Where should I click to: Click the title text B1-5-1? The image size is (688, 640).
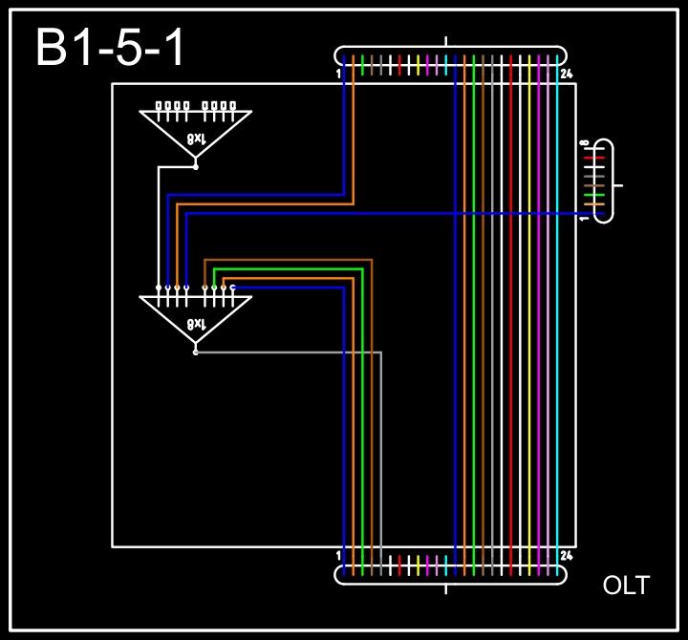(x=110, y=48)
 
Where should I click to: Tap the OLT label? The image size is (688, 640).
(x=626, y=586)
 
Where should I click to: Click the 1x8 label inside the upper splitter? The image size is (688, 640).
(x=195, y=139)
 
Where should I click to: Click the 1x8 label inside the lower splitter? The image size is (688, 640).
(x=195, y=324)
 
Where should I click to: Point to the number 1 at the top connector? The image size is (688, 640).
(x=339, y=74)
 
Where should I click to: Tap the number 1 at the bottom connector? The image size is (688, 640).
(x=339, y=555)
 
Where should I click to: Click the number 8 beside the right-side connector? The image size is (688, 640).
(x=583, y=144)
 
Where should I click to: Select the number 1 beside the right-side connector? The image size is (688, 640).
(x=583, y=219)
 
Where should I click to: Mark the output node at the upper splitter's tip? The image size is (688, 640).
(x=196, y=167)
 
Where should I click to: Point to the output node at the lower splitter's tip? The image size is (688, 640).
(x=196, y=352)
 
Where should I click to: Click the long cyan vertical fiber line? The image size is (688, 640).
(x=558, y=315)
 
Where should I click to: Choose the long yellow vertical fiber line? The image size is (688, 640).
(x=530, y=315)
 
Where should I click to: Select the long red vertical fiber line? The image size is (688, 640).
(x=511, y=315)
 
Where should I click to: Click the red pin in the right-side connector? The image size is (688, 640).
(x=594, y=158)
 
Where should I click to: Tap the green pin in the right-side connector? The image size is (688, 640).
(x=594, y=194)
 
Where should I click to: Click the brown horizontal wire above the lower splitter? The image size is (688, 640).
(x=287, y=260)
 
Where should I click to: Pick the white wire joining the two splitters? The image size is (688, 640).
(x=159, y=229)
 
